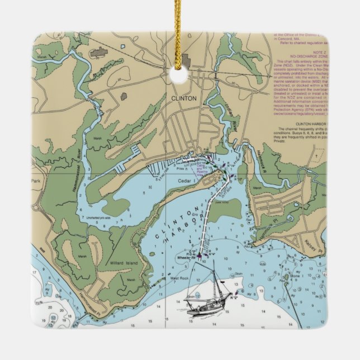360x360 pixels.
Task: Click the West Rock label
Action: coord(180,278)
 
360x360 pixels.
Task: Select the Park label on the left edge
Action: coord(39,182)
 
